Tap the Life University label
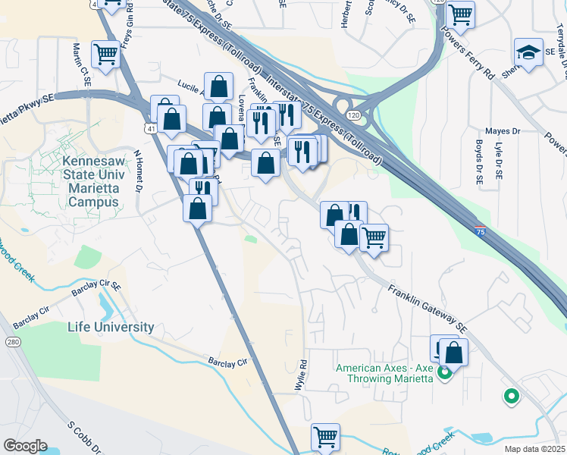click(x=111, y=328)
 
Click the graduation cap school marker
click(x=528, y=53)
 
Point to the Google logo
click(x=26, y=446)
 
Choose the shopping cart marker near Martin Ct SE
click(x=105, y=54)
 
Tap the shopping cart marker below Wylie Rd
click(x=325, y=437)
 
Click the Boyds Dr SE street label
click(x=479, y=162)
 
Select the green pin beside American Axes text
click(x=445, y=372)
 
